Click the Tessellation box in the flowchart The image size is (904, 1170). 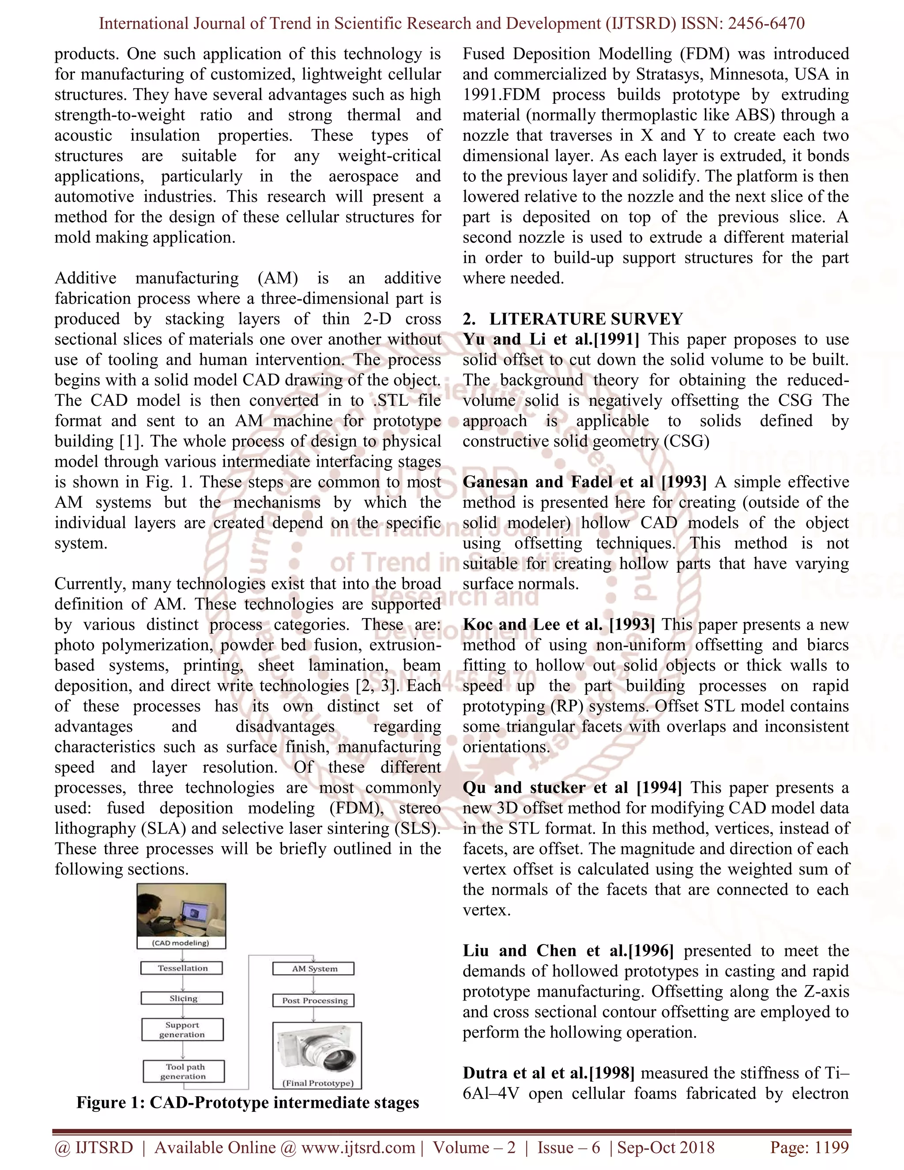(x=182, y=968)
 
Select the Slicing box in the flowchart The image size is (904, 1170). (x=182, y=998)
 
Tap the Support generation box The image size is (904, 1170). (x=182, y=1029)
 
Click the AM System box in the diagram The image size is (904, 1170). (x=314, y=968)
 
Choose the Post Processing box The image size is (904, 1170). (x=314, y=1000)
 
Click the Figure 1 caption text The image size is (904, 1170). (x=248, y=1102)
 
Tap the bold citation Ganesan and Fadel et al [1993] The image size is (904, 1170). (x=584, y=482)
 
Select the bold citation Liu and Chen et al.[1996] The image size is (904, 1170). (x=568, y=951)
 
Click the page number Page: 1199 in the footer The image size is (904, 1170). (x=809, y=1147)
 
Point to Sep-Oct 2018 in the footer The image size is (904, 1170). (x=666, y=1147)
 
